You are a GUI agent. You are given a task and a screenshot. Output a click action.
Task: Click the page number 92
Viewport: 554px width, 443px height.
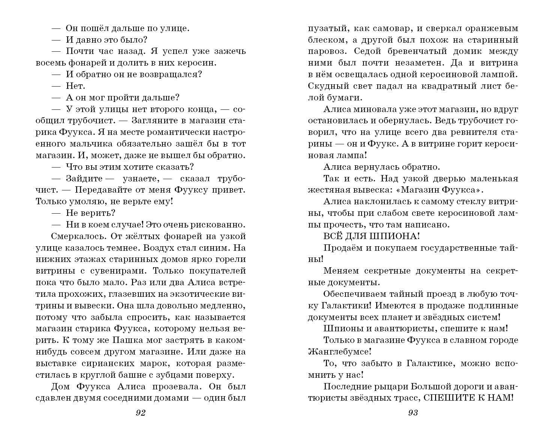[x=140, y=413]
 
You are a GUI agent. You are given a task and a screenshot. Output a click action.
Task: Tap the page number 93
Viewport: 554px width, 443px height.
[x=413, y=413]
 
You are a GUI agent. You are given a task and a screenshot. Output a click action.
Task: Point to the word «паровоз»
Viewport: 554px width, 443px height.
[x=324, y=51]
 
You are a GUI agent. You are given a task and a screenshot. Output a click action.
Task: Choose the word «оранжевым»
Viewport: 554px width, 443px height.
[x=493, y=28]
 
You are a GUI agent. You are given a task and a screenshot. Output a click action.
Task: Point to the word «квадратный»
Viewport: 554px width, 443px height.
[x=437, y=86]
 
